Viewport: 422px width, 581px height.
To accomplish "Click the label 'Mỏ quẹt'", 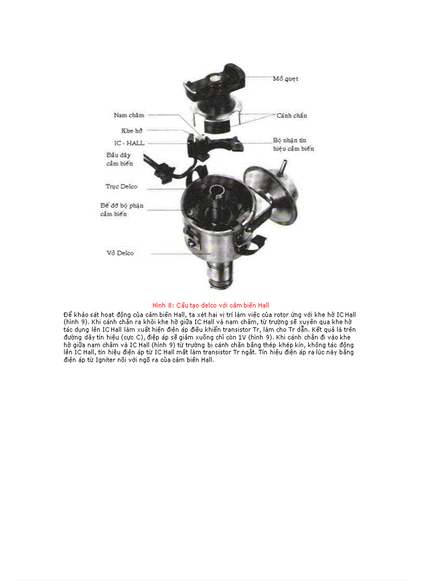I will pyautogui.click(x=285, y=79).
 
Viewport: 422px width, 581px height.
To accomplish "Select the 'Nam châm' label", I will pyautogui.click(x=129, y=115).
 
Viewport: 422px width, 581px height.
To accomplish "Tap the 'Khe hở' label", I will pyautogui.click(x=131, y=131).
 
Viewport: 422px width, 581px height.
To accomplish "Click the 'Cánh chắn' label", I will pyautogui.click(x=292, y=115).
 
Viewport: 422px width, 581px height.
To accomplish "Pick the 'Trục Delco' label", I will pyautogui.click(x=122, y=186).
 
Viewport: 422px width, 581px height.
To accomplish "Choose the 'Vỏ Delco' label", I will pyautogui.click(x=120, y=253).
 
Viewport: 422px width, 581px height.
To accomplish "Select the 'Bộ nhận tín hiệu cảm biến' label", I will pyautogui.click(x=293, y=144).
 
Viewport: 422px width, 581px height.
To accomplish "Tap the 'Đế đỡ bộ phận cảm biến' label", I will pyautogui.click(x=122, y=210).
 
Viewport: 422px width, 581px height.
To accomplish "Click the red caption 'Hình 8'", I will pyautogui.click(x=162, y=305).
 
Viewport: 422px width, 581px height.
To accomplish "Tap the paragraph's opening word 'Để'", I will pyautogui.click(x=68, y=314).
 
